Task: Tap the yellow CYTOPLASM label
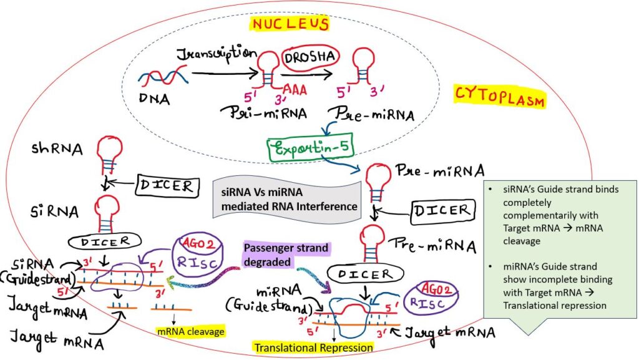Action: point(499,98)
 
